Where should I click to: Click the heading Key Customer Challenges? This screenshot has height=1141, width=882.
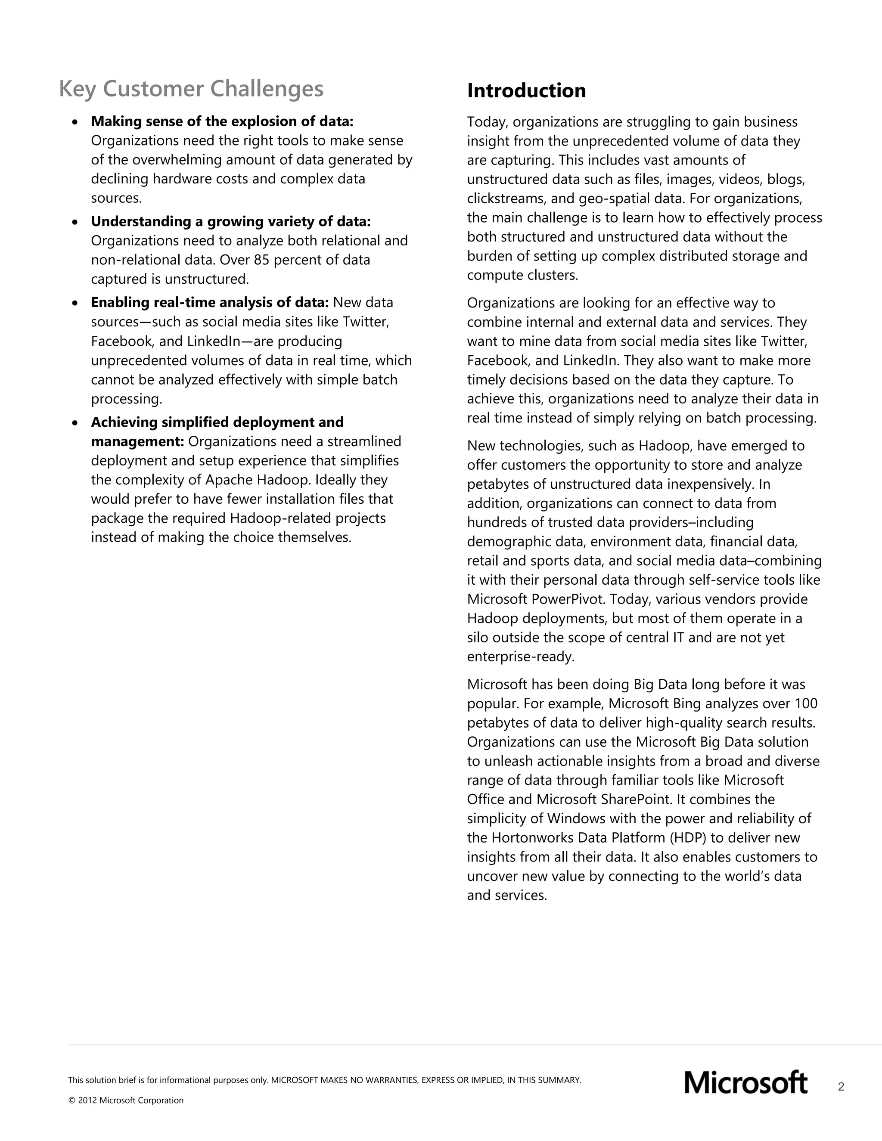tap(191, 89)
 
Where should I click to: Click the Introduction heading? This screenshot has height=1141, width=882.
tap(526, 91)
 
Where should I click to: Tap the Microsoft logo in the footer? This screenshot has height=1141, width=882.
tap(745, 1082)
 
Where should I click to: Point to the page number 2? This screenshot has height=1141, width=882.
tap(841, 1087)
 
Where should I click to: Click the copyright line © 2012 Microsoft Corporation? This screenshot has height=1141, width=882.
tap(126, 1100)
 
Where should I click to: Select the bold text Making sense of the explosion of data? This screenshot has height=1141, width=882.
tap(222, 121)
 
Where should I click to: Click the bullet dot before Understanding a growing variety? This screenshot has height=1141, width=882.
tap(76, 223)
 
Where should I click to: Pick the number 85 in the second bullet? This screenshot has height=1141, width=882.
tap(261, 260)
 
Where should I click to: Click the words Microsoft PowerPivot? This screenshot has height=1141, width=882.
tap(536, 599)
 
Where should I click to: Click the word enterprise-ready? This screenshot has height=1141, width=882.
tap(520, 657)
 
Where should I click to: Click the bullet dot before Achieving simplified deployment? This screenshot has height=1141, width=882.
tap(76, 423)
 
